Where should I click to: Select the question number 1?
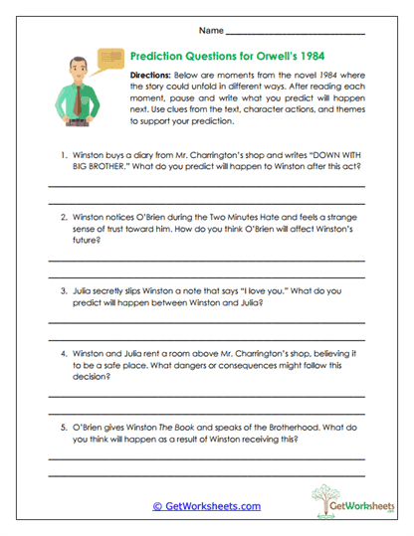tap(62, 155)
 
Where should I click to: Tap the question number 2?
tap(62, 216)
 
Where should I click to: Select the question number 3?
tap(62, 291)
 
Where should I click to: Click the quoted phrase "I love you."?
tap(232, 291)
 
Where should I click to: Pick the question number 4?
tap(62, 353)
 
